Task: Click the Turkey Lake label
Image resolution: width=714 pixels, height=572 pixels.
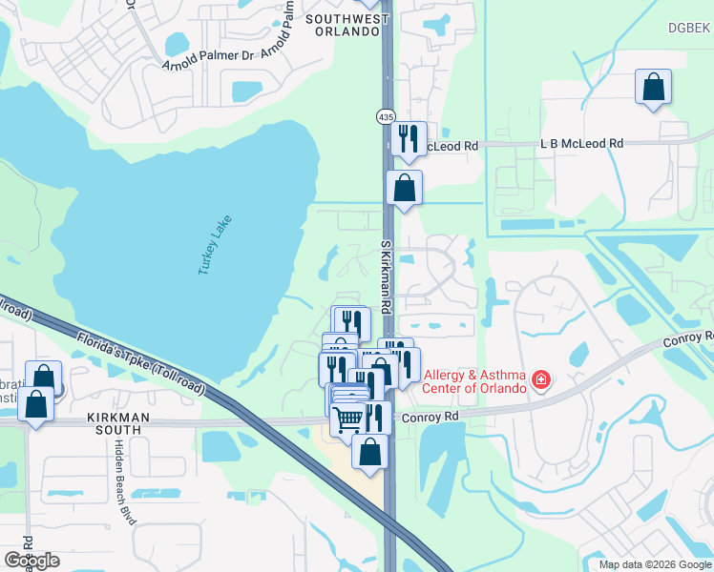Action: [216, 246]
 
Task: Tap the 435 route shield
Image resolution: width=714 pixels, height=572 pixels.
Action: [385, 115]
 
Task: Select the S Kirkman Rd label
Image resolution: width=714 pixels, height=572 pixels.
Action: [387, 278]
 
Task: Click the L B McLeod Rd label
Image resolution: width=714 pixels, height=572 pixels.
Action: [581, 143]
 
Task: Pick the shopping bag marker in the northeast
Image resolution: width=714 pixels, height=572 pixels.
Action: [654, 88]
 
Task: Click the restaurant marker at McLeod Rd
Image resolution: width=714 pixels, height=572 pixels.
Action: [409, 139]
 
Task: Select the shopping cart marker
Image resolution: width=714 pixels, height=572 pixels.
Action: [348, 418]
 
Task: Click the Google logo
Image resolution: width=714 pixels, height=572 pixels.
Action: [31, 561]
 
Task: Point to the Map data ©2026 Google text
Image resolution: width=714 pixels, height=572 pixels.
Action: [654, 564]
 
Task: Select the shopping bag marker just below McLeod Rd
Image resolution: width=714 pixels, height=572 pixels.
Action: [405, 188]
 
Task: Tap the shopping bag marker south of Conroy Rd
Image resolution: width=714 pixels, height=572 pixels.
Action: [370, 451]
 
